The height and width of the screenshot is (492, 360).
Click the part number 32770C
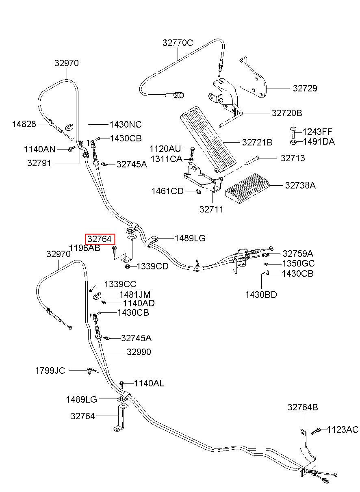178,43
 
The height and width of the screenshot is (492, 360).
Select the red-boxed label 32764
100,239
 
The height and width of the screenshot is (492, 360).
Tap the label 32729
305,88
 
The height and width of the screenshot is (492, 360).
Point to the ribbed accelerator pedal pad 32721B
208,139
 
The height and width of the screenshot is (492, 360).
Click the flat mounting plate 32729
253,78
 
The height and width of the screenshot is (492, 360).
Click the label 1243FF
317,132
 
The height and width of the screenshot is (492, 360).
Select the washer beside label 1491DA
293,142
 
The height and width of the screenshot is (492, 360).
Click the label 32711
211,209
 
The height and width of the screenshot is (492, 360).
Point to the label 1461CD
167,191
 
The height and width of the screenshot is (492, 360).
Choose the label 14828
24,124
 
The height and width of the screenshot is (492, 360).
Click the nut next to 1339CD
127,267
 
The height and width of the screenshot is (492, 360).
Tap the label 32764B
303,407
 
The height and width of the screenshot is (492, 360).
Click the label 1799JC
50,371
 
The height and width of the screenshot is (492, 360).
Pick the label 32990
139,352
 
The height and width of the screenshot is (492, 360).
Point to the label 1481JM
135,295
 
